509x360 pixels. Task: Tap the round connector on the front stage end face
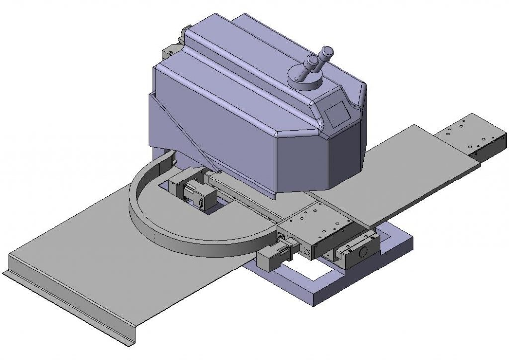tap(306, 252)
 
